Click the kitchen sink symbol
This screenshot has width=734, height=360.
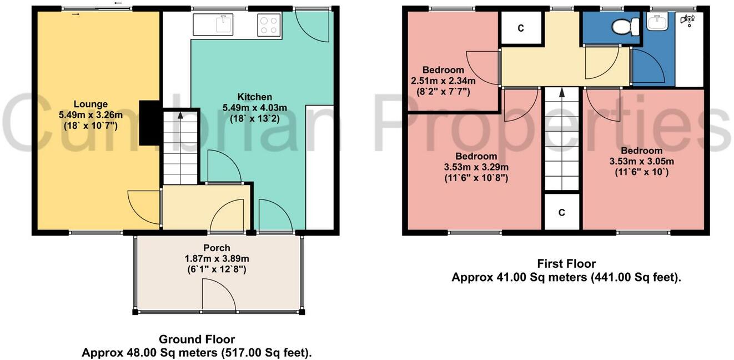[x=224, y=25]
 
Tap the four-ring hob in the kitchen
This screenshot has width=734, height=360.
[x=269, y=26]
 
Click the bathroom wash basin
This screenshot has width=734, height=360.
[x=660, y=23]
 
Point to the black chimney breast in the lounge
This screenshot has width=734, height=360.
[x=149, y=123]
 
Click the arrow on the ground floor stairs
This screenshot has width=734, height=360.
[x=180, y=117]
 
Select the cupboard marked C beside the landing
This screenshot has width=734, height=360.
[x=521, y=28]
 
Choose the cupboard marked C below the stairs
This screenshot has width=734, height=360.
[x=562, y=212]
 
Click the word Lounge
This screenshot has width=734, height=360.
[x=91, y=104]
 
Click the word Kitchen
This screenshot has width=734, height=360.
[x=255, y=97]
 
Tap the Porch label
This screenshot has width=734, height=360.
[x=217, y=248]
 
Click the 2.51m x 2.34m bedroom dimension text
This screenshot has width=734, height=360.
[x=443, y=81]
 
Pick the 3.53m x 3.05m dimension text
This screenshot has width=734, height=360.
[x=641, y=162]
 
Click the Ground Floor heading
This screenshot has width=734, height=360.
[x=197, y=339]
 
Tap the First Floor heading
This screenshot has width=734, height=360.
[x=566, y=263]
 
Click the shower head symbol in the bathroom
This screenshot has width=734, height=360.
[x=688, y=21]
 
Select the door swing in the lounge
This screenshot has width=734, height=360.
[x=144, y=207]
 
